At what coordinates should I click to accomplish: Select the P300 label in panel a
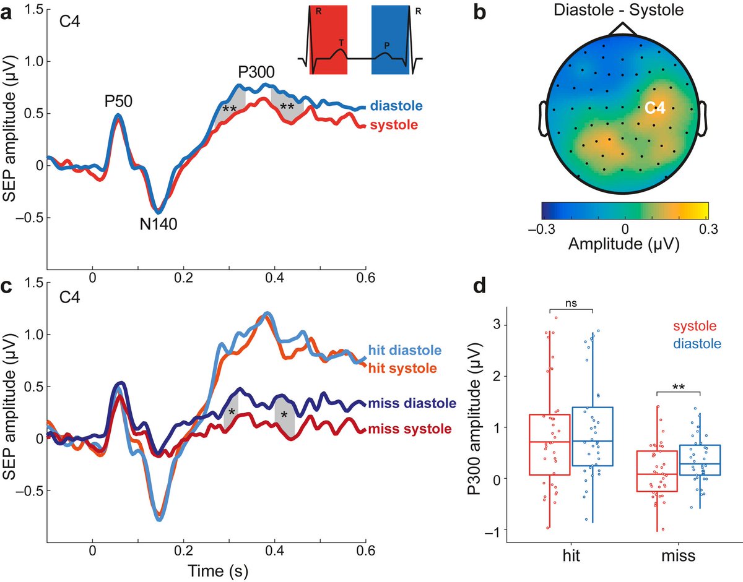259,72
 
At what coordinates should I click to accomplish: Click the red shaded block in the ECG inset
328,40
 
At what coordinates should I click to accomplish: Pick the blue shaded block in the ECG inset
389,40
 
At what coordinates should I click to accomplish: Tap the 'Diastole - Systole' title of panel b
625,10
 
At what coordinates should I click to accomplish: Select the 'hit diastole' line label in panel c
406,351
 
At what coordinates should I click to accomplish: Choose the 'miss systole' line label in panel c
408,429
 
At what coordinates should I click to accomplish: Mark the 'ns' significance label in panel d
571,303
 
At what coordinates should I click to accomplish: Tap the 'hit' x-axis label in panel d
571,556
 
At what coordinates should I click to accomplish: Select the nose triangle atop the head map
624,29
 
